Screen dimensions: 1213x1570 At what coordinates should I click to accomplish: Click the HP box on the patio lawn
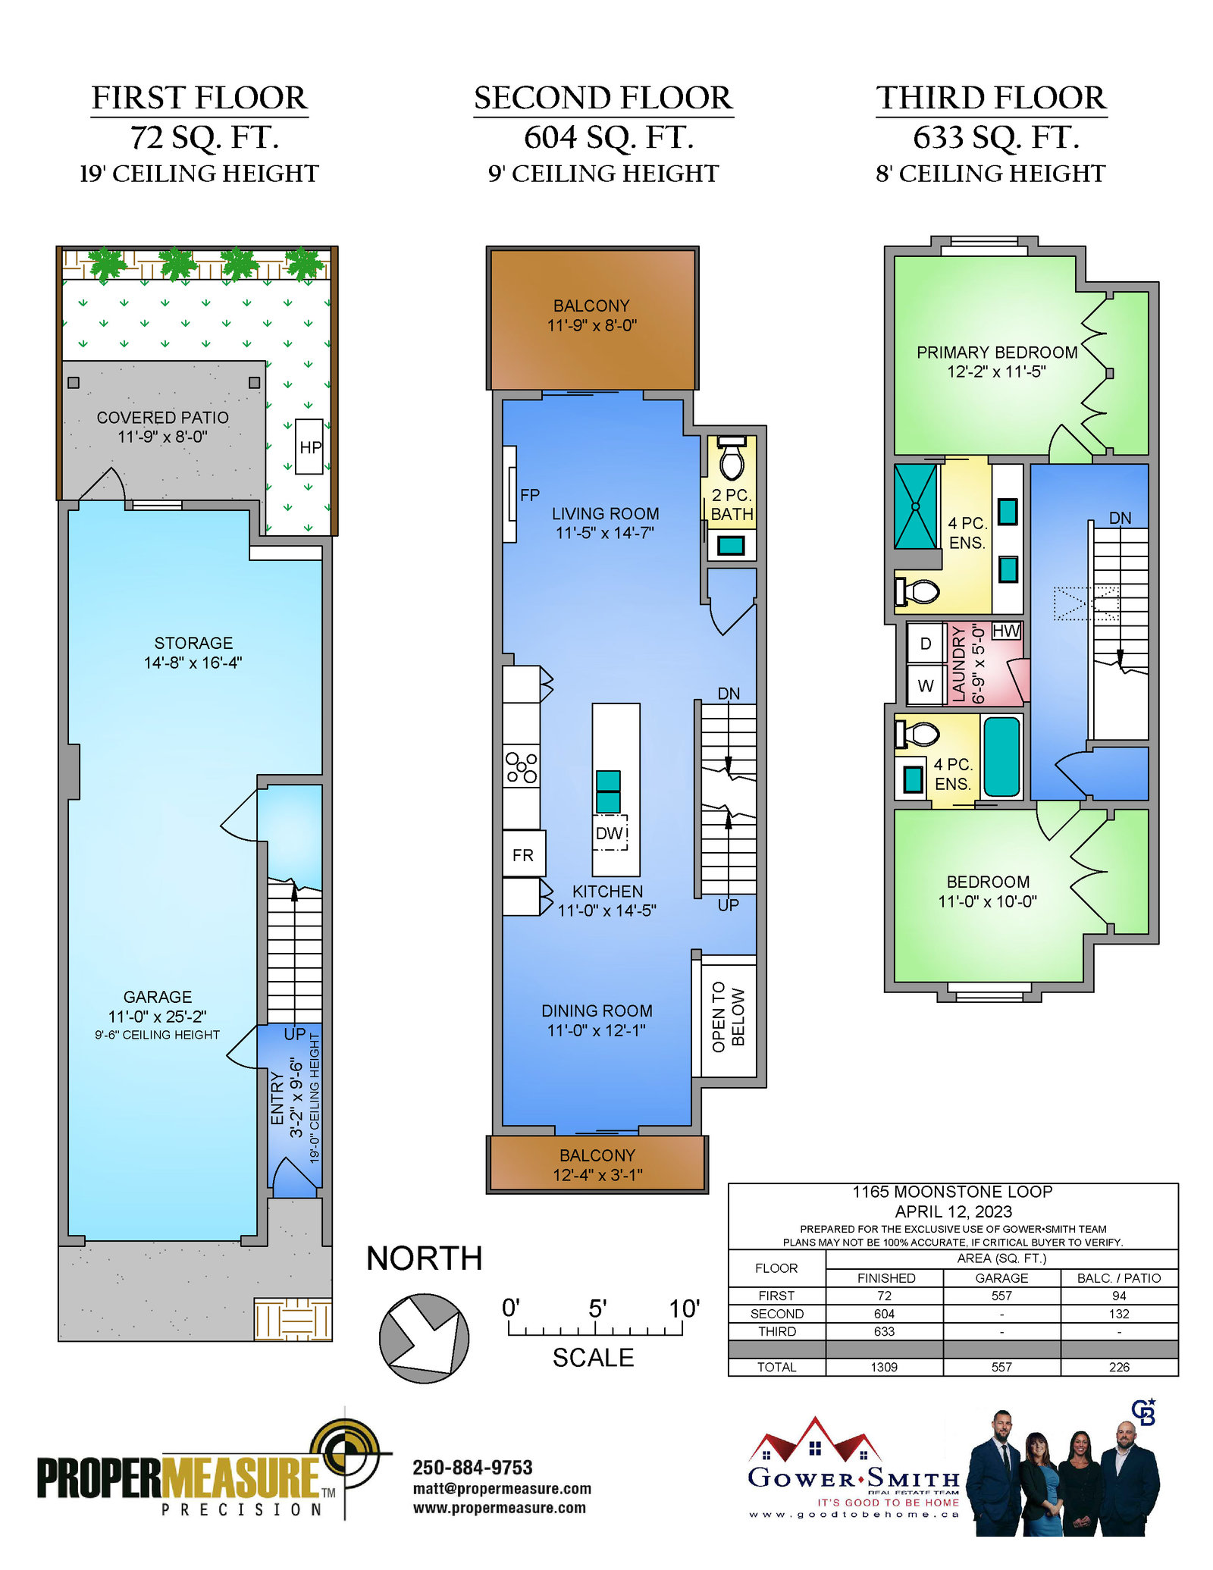point(309,447)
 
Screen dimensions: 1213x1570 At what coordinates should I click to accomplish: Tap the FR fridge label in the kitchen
point(523,855)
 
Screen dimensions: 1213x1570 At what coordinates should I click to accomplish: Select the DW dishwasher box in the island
point(610,833)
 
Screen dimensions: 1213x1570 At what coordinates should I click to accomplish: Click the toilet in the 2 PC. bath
point(732,458)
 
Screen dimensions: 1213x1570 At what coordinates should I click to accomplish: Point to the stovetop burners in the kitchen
point(522,766)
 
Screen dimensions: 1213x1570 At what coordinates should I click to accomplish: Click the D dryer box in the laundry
point(926,644)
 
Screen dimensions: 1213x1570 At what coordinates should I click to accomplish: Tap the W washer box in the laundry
point(926,685)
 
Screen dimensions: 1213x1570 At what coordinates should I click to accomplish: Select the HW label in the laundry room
point(1006,631)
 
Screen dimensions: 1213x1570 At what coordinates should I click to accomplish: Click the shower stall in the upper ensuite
point(916,506)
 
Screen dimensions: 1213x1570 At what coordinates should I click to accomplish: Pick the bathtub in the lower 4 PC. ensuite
point(1001,757)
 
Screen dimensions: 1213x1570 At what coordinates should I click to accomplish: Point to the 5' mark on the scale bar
point(597,1309)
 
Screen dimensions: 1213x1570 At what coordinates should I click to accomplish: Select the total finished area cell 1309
point(884,1367)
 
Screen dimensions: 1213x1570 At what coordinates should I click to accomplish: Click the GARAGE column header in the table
point(1001,1278)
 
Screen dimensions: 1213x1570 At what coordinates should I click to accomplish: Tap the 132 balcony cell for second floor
point(1119,1314)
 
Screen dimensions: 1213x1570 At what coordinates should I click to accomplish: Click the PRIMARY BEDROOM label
point(997,353)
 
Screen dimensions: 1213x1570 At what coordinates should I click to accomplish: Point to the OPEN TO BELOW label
point(729,1017)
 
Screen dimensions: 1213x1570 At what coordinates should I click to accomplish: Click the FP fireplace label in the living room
point(530,495)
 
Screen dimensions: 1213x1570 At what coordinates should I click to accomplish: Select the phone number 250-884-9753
point(472,1468)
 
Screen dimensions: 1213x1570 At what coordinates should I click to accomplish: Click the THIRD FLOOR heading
point(992,98)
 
